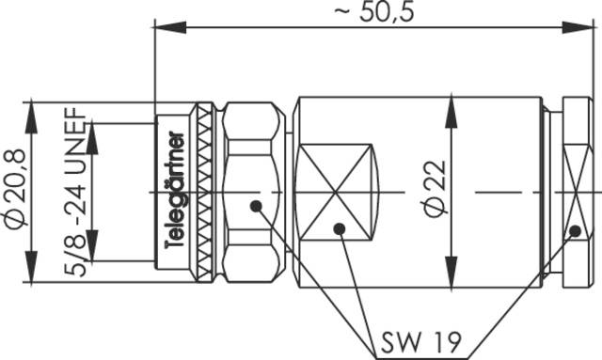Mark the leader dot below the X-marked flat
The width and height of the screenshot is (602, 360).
point(340,228)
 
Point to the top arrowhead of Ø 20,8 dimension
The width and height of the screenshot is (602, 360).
point(34,105)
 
